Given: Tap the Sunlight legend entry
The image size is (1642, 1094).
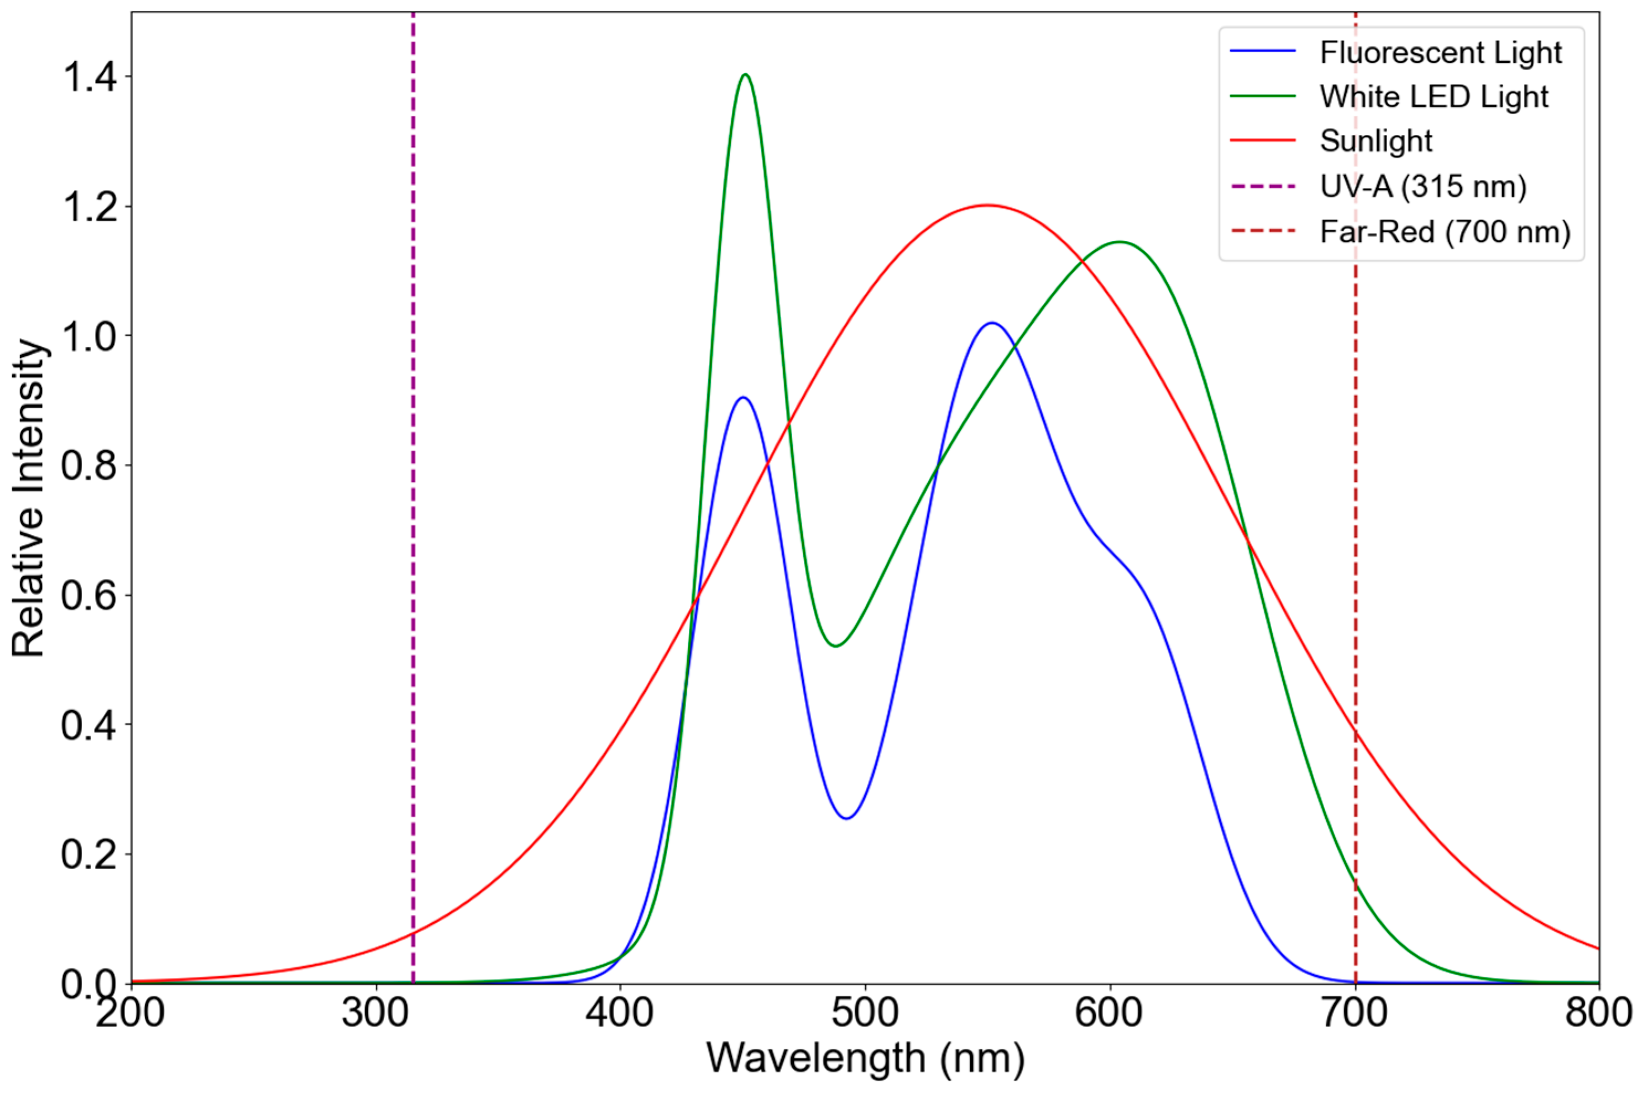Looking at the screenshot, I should [x=1376, y=141].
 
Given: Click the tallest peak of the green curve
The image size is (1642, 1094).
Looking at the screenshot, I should [x=746, y=74].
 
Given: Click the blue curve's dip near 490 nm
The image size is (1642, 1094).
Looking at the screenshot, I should [x=847, y=818].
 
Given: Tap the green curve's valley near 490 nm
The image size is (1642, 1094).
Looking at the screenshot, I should [x=836, y=646].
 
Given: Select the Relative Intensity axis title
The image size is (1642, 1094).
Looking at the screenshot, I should [x=28, y=498].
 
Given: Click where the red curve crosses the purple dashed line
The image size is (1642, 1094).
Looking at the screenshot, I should [x=414, y=932].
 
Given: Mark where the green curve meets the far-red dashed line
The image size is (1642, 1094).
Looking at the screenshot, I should [x=1356, y=883].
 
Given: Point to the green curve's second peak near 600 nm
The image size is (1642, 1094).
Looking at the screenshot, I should [x=1120, y=241].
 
